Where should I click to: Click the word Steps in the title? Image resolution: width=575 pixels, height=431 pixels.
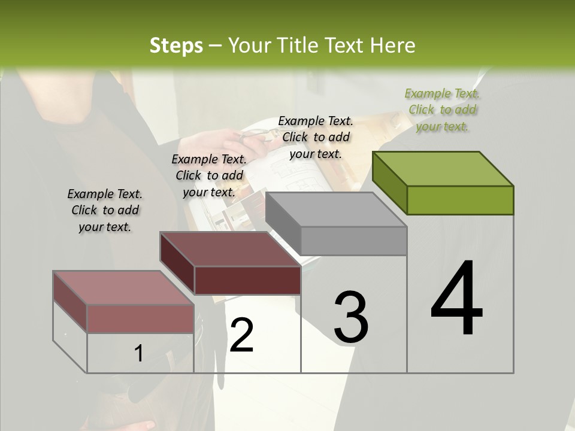tap(176, 45)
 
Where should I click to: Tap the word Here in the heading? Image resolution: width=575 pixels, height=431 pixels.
tap(394, 45)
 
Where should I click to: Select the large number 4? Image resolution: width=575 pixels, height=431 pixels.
tap(456, 299)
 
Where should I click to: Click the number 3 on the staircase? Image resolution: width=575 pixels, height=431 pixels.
tap(351, 317)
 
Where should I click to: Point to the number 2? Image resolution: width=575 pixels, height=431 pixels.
tap(241, 335)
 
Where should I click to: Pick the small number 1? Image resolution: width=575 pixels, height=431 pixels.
tap(138, 354)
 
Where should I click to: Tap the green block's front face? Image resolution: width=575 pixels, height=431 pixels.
tap(460, 200)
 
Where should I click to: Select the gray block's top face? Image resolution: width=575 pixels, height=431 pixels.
tap(335, 210)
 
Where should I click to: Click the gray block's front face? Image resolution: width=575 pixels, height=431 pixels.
tap(353, 241)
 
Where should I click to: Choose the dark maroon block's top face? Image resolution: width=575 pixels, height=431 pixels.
tap(229, 249)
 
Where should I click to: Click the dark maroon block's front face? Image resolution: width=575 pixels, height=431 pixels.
tap(247, 280)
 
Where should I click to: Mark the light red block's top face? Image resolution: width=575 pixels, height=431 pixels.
tap(123, 288)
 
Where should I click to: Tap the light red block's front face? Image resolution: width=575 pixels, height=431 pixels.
tap(140, 318)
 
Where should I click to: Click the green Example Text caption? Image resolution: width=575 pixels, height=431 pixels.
tap(442, 110)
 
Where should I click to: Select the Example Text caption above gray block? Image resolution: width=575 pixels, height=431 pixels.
tap(316, 137)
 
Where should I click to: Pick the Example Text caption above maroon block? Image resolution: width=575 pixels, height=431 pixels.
tap(209, 175)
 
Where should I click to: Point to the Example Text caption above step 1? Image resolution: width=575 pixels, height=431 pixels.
tap(105, 210)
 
